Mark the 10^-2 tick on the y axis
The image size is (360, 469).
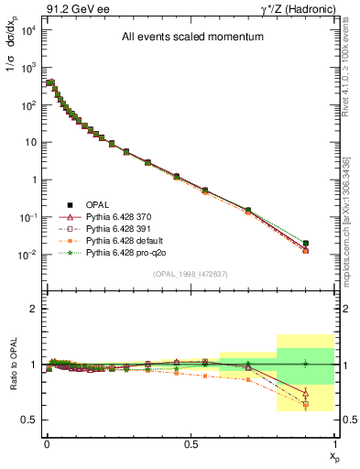coord(27,256)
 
